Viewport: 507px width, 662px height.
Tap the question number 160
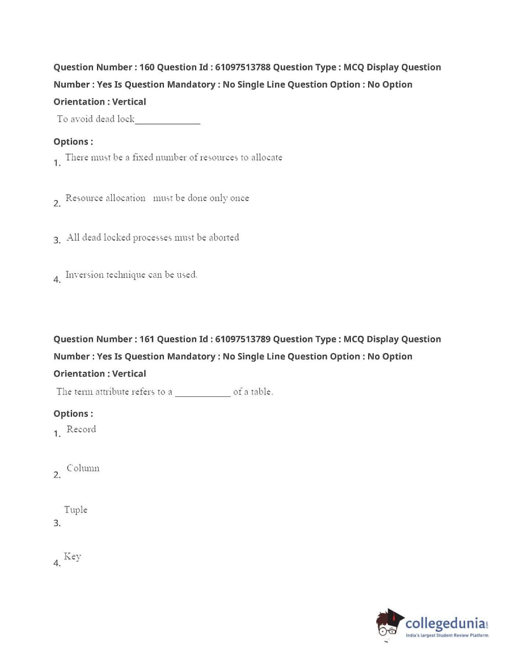pyautogui.click(x=147, y=67)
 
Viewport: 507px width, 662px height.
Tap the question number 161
pyautogui.click(x=147, y=339)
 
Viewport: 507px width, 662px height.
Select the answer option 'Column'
pyautogui.click(x=83, y=468)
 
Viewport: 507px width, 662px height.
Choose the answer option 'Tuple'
pyautogui.click(x=76, y=510)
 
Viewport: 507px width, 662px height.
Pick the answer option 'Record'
pyautogui.click(x=81, y=430)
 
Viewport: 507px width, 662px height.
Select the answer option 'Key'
pyautogui.click(x=72, y=556)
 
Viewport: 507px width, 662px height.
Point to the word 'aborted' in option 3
pyautogui.click(x=224, y=238)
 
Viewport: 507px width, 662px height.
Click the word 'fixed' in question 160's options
pyautogui.click(x=142, y=157)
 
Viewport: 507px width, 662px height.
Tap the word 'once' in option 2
pyautogui.click(x=239, y=198)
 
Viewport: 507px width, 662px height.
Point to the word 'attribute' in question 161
pyautogui.click(x=112, y=392)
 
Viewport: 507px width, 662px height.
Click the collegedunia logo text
pyautogui.click(x=445, y=624)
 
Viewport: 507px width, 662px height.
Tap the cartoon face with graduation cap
pyautogui.click(x=390, y=623)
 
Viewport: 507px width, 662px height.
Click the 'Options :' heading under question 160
pyautogui.click(x=73, y=142)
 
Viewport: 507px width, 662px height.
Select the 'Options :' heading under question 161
pyautogui.click(x=73, y=414)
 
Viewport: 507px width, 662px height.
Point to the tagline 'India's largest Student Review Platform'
pyautogui.click(x=447, y=635)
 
